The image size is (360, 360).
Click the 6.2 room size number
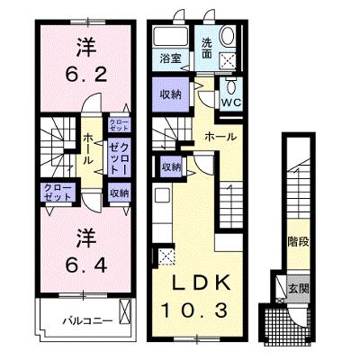[x=86, y=74]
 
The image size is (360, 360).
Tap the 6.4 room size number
[x=86, y=265]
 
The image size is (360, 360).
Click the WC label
[x=231, y=103]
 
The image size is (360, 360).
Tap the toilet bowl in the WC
[x=231, y=86]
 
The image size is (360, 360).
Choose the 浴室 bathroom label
[x=170, y=58]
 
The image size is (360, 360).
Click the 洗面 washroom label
[x=206, y=48]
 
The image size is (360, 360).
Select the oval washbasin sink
[x=228, y=36]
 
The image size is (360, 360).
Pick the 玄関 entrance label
[x=298, y=289]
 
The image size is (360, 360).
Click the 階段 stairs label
[x=298, y=242]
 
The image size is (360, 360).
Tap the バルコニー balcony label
[x=87, y=321]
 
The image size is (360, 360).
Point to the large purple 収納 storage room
[x=171, y=94]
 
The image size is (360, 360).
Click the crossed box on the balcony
[x=124, y=311]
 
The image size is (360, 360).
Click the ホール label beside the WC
[x=220, y=137]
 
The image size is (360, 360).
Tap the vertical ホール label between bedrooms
[x=87, y=149]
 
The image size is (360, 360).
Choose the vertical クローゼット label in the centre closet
[x=119, y=158]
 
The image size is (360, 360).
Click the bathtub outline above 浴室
[x=170, y=36]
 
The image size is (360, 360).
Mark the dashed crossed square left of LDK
[x=166, y=255]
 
